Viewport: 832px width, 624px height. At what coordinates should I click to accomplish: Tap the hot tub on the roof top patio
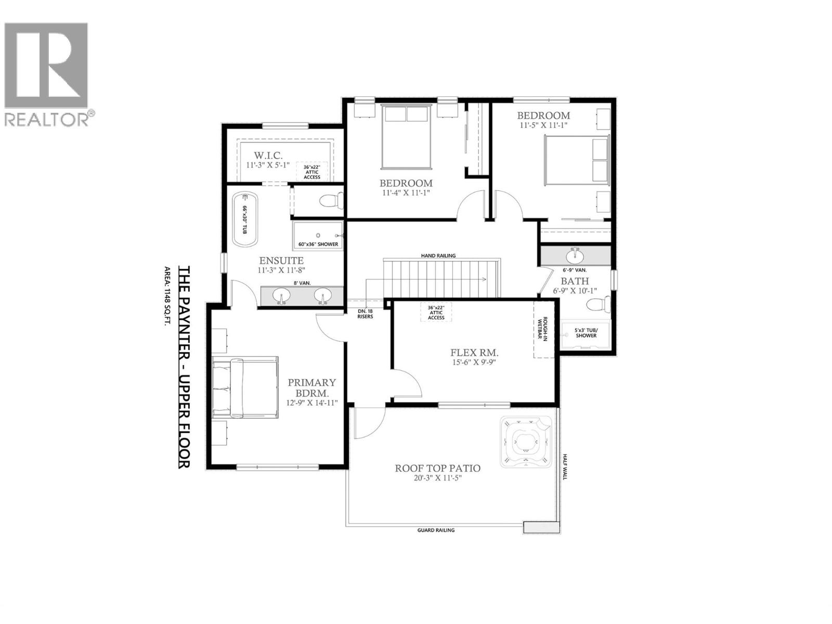(x=526, y=443)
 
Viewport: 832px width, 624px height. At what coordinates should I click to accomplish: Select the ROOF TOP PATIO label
(x=437, y=469)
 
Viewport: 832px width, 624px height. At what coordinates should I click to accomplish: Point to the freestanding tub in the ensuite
(x=244, y=220)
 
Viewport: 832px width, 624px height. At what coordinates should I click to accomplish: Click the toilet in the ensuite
(x=331, y=200)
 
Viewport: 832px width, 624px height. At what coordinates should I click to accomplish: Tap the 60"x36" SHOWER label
(x=318, y=244)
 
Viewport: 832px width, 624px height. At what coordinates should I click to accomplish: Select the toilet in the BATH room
(x=597, y=304)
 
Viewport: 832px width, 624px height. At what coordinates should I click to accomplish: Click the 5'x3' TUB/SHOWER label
(x=586, y=333)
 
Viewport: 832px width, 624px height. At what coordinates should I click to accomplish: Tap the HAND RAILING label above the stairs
(x=438, y=255)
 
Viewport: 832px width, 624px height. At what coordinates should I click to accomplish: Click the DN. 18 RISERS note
(x=365, y=314)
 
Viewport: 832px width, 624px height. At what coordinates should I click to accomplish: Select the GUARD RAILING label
(x=436, y=530)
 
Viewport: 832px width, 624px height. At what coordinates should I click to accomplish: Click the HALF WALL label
(x=565, y=466)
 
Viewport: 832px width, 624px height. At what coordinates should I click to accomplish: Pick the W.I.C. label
(x=268, y=155)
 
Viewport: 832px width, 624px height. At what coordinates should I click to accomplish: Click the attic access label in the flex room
(x=436, y=313)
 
